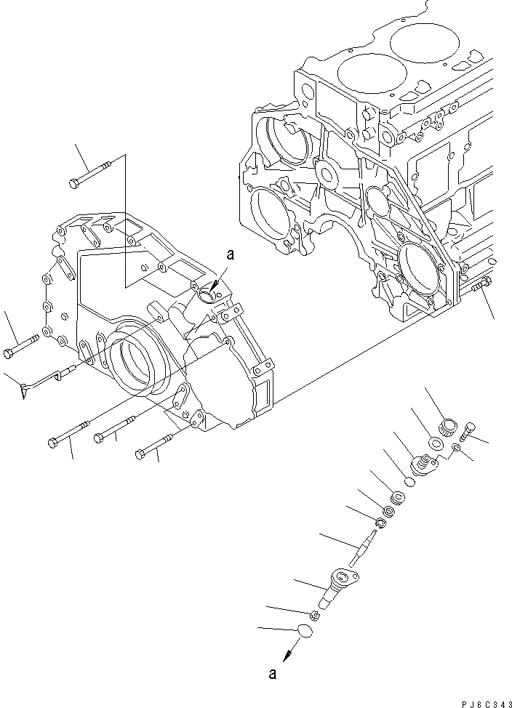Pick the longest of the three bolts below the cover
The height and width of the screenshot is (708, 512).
tap(69, 434)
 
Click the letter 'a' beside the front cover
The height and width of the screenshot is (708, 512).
tap(231, 254)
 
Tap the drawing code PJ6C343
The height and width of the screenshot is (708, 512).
tap(484, 704)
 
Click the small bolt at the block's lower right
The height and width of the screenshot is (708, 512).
tap(480, 287)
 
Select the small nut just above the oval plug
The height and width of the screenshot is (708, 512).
tap(315, 616)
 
